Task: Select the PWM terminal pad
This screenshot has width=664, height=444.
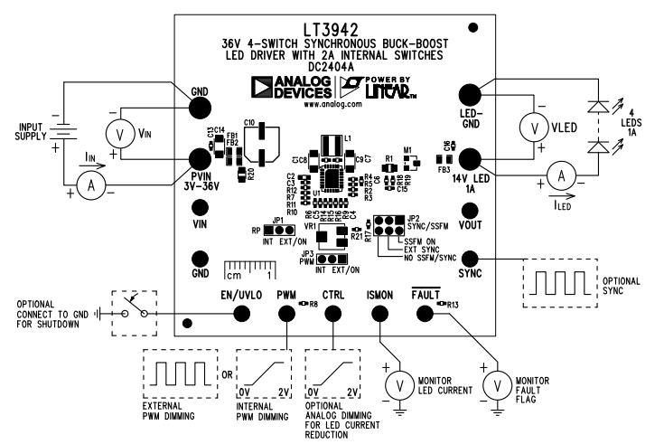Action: [286, 313]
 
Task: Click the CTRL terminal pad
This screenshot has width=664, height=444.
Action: [332, 313]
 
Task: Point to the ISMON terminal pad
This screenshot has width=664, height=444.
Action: [377, 313]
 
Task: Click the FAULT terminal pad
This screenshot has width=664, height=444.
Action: [423, 313]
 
